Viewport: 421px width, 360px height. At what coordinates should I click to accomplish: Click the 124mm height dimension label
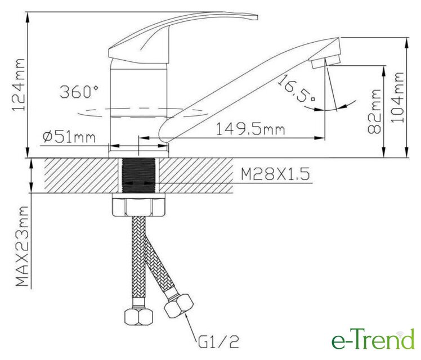(19, 85)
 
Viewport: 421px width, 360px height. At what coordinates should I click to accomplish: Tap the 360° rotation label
(79, 92)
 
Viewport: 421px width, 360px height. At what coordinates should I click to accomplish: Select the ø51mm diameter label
(69, 137)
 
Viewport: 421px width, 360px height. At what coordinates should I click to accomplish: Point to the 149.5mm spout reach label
(250, 129)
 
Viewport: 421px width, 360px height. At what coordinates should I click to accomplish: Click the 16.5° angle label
(295, 89)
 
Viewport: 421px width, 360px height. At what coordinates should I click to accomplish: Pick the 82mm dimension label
(374, 111)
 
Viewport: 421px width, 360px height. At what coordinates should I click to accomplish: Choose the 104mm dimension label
(397, 97)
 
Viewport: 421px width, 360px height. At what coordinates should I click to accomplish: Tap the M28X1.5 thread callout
(275, 174)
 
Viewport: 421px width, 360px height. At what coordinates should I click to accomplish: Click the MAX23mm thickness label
(22, 246)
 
